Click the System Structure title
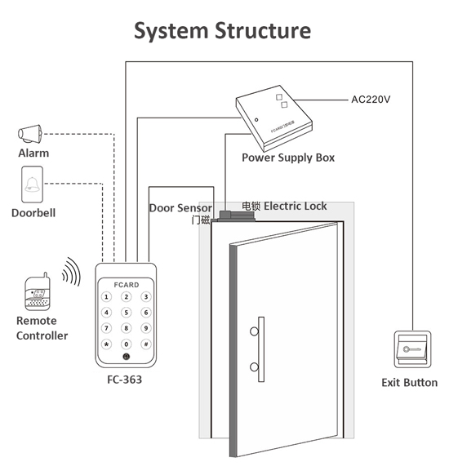tap(223, 31)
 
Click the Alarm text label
tap(33, 153)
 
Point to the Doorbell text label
tap(33, 213)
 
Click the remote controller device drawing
tap(37, 294)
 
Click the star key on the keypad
tap(106, 344)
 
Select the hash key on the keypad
tap(145, 344)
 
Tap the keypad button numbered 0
tap(126, 344)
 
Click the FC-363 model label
tap(125, 380)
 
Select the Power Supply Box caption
tap(288, 158)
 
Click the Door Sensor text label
tap(180, 208)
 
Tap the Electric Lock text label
tap(295, 207)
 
